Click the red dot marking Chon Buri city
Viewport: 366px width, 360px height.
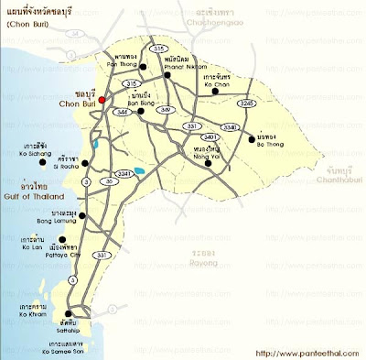coord(103,99)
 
